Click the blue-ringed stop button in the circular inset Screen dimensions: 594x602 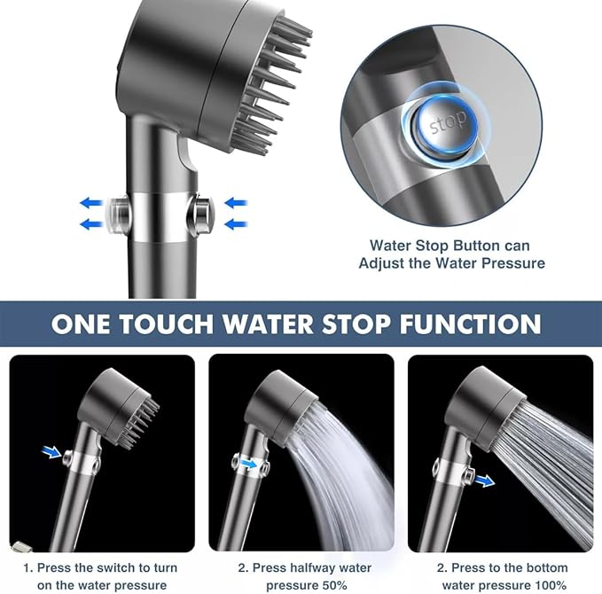447,124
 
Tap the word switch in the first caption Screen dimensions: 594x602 115,567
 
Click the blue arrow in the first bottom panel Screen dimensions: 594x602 51,452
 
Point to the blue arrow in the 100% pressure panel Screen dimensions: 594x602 484,481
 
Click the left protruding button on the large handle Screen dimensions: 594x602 117,213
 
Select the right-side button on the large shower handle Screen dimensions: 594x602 203,213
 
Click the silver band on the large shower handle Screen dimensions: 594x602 160,215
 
